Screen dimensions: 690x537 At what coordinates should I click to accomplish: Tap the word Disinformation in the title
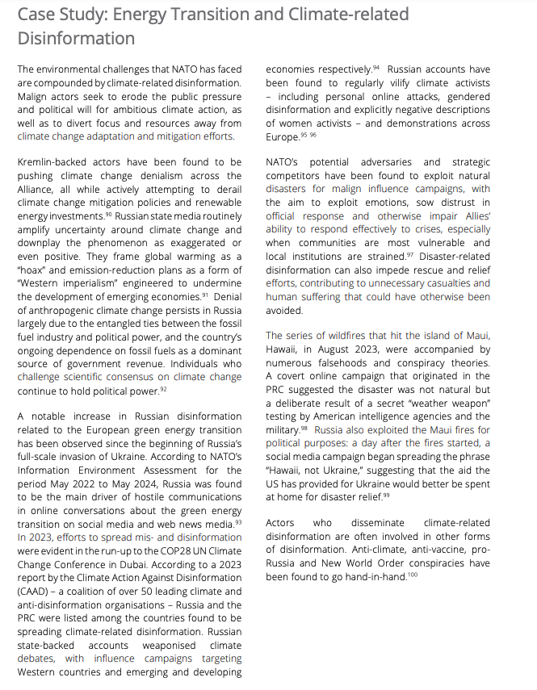[x=76, y=38]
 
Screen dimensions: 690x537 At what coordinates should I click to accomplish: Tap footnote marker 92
[x=162, y=389]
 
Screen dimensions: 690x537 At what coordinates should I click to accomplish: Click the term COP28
[x=119, y=550]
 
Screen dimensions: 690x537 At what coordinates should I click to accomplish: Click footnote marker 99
[x=385, y=496]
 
